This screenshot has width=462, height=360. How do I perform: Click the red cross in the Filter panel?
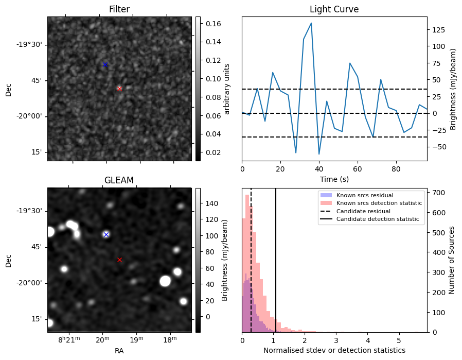click(119, 89)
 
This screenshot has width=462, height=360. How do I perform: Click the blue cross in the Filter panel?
click(105, 64)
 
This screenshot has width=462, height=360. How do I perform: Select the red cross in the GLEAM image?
click(119, 260)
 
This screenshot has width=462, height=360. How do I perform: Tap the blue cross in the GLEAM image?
click(106, 234)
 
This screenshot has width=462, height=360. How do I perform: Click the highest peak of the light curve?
click(311, 23)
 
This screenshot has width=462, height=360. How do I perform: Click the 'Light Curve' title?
click(334, 9)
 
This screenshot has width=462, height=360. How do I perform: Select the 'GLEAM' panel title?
click(119, 180)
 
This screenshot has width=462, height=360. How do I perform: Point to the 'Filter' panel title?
click(119, 9)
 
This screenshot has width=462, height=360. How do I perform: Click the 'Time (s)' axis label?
click(334, 178)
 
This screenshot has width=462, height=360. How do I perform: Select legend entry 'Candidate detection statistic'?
click(379, 219)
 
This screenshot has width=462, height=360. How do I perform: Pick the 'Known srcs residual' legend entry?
click(364, 195)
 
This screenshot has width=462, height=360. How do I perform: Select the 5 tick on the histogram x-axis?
click(399, 341)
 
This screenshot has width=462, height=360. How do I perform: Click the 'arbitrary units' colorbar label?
click(226, 89)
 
